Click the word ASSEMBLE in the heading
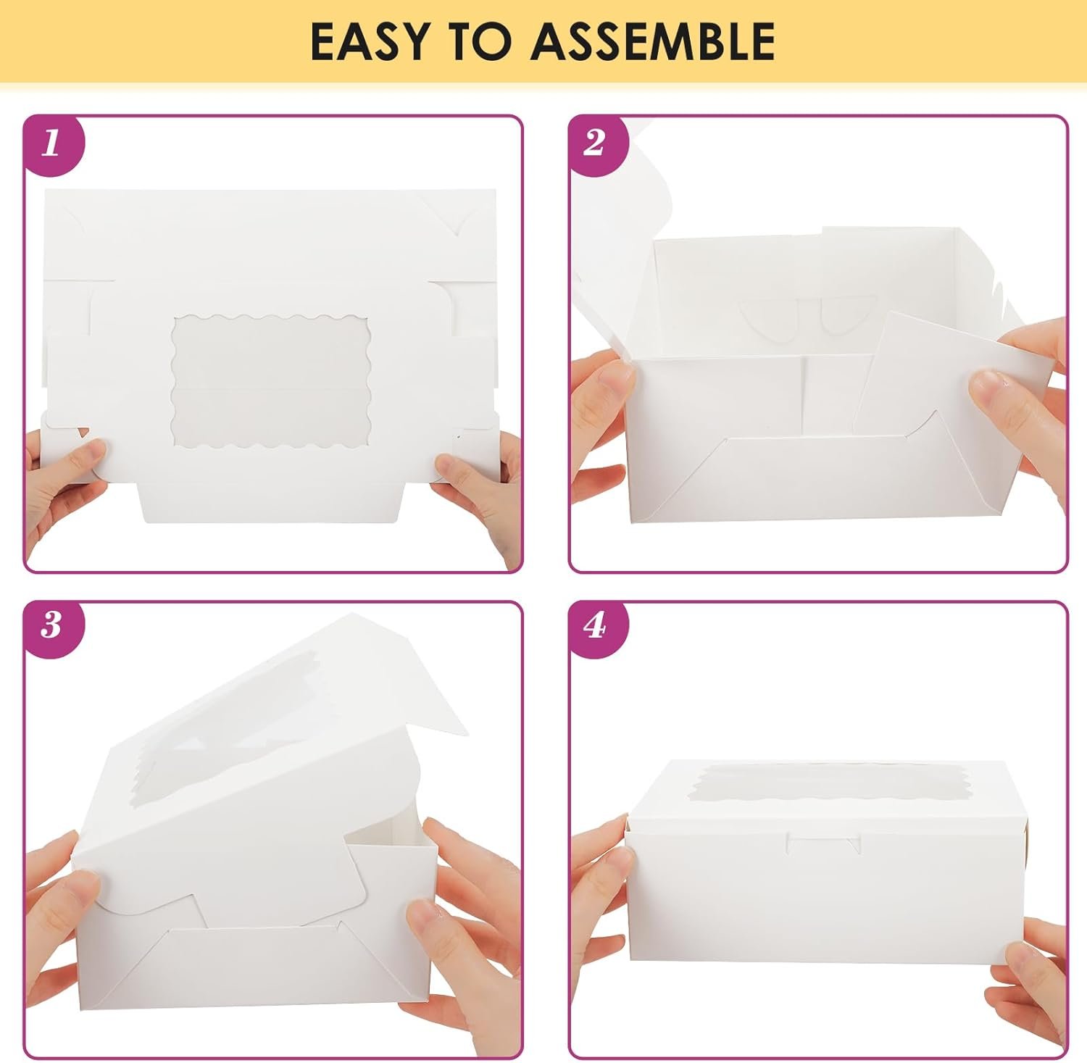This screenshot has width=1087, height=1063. [x=653, y=41]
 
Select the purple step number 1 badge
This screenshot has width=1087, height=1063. [x=51, y=143]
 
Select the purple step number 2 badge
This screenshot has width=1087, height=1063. [x=594, y=143]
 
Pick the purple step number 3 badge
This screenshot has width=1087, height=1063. [x=51, y=625]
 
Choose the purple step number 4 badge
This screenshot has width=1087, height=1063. [x=594, y=625]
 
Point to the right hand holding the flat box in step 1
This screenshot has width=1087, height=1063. [x=478, y=493]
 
